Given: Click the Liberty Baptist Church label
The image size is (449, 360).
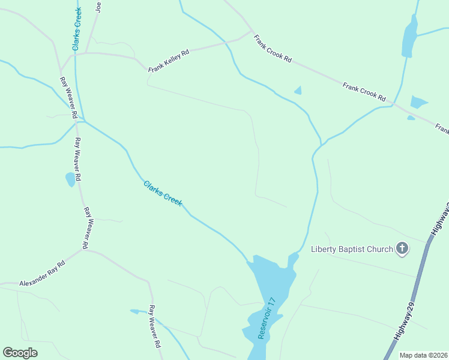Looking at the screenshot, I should click(x=352, y=249).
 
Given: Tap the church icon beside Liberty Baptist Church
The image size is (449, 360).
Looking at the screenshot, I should click(x=402, y=248).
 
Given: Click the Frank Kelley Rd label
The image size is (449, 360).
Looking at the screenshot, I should click(x=169, y=61).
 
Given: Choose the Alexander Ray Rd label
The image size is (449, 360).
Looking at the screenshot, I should click(x=41, y=274).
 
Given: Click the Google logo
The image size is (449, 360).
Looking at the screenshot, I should click(x=20, y=353).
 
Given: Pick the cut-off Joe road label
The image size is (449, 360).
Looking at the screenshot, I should click(x=99, y=7).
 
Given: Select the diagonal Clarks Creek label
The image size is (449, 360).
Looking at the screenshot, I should click(x=163, y=194).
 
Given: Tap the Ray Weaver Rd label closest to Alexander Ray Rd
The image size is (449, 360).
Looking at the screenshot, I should click(x=88, y=228).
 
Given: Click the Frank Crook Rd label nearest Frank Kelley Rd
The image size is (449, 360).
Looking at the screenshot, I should click(x=273, y=49).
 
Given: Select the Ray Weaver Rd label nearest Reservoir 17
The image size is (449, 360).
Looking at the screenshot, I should click(x=155, y=326).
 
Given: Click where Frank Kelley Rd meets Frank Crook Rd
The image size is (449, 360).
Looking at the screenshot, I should click(x=251, y=32).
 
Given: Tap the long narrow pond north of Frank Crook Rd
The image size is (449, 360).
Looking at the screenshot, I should click(x=409, y=37).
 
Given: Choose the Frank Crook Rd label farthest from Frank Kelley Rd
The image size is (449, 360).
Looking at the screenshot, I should click(x=364, y=91).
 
